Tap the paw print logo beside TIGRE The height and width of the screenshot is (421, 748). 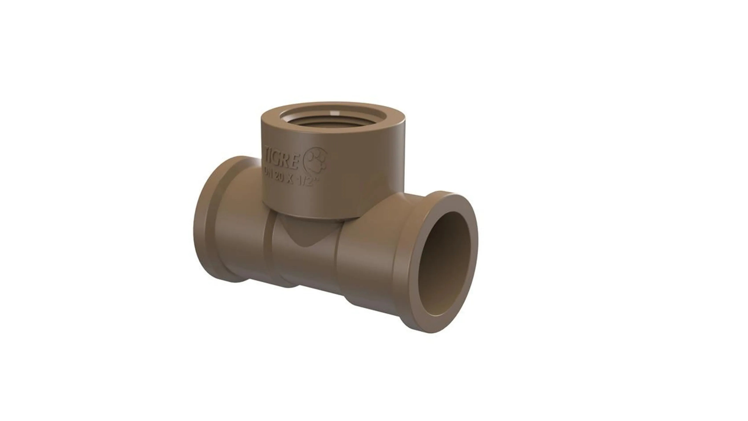tap(315, 160)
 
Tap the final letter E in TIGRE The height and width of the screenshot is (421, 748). tap(296, 161)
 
